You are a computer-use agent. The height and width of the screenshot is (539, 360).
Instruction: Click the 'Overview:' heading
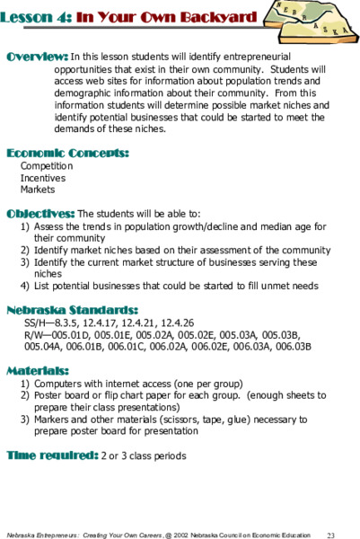click(x=37, y=57)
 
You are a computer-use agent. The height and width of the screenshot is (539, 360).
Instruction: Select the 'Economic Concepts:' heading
click(x=67, y=153)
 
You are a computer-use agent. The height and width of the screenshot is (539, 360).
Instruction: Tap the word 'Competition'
click(x=47, y=166)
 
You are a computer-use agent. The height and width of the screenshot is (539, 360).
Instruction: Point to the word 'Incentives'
click(x=44, y=178)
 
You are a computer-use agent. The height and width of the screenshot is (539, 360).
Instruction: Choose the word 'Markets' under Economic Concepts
click(x=38, y=190)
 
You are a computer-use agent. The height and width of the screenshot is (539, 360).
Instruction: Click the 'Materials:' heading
click(x=37, y=369)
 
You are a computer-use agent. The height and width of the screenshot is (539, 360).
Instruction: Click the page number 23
click(x=330, y=534)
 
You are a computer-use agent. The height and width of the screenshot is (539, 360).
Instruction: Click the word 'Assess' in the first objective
click(x=49, y=227)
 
